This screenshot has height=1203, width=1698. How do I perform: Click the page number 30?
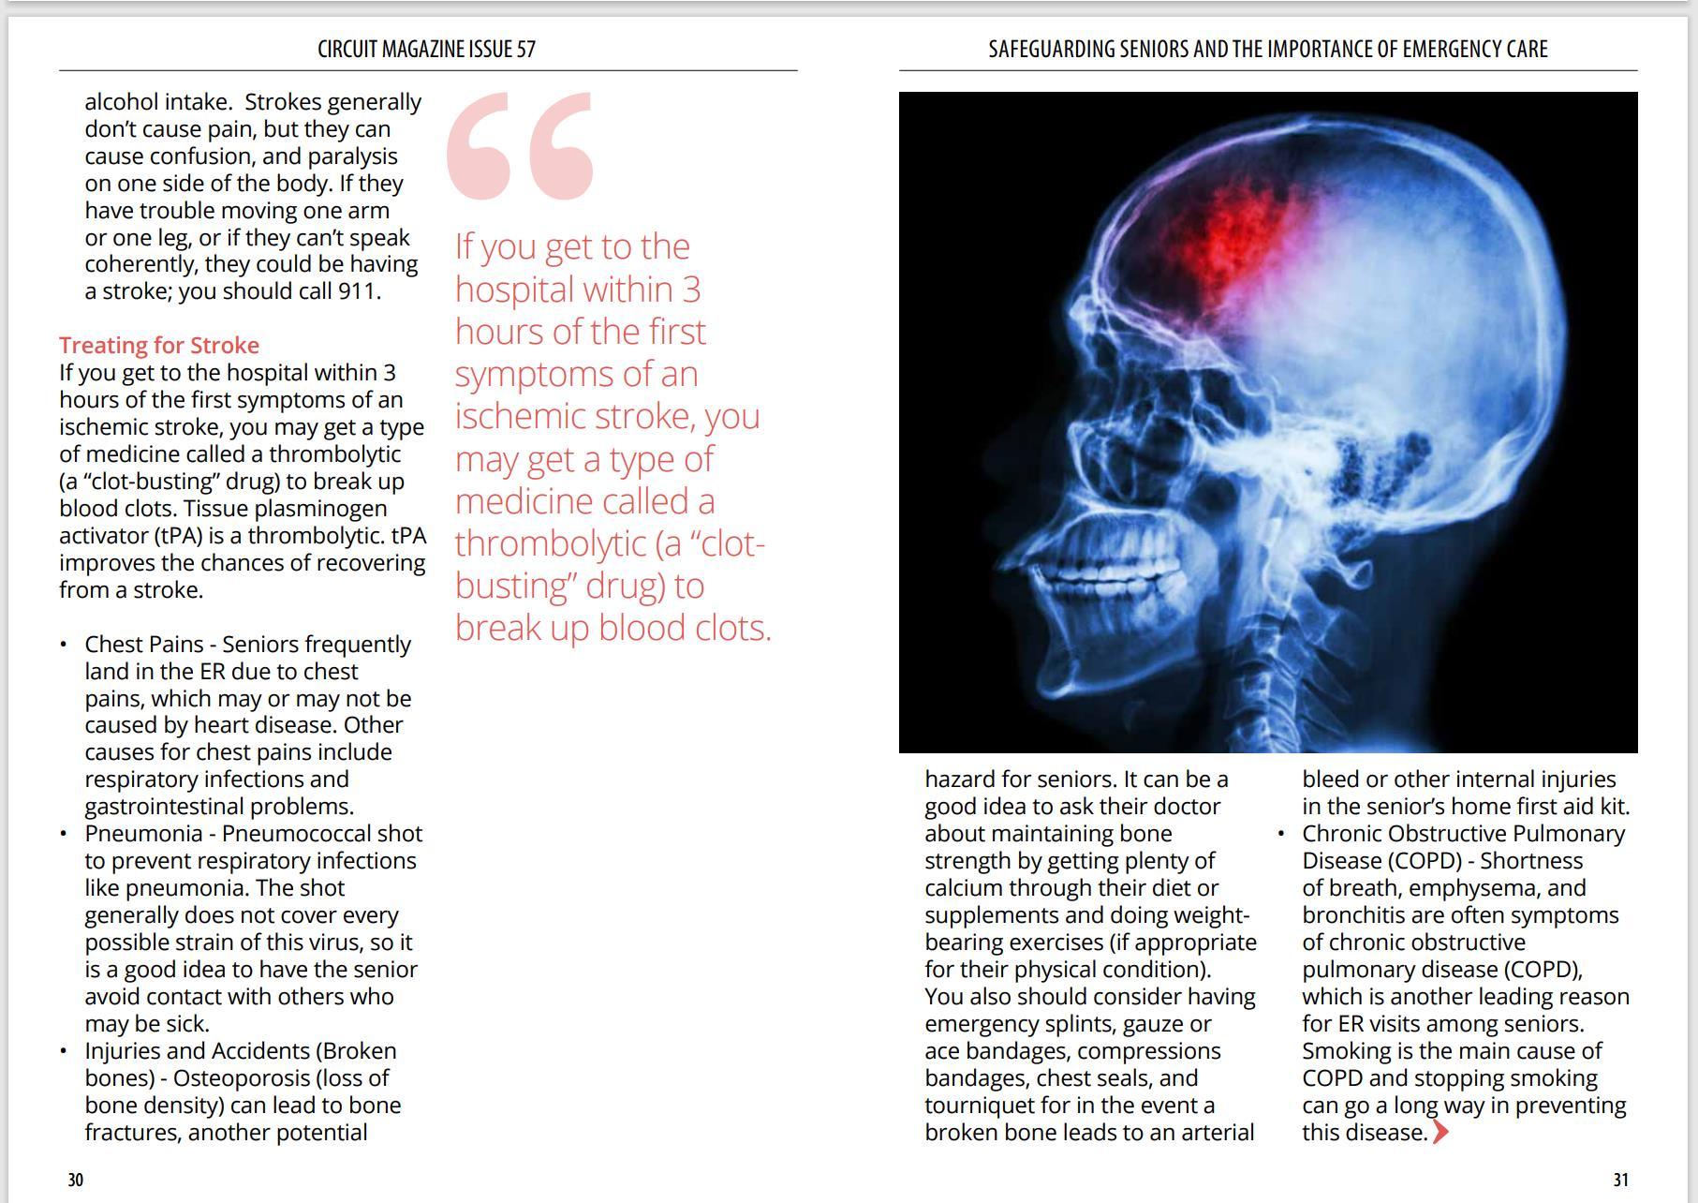[x=76, y=1180]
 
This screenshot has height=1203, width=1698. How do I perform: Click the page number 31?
[x=1620, y=1180]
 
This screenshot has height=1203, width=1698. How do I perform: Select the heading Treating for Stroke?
[x=159, y=345]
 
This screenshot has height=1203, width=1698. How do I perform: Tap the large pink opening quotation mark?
[x=520, y=145]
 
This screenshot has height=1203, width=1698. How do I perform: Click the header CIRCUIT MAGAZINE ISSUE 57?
[x=426, y=49]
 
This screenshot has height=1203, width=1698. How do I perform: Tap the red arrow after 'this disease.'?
[x=1440, y=1133]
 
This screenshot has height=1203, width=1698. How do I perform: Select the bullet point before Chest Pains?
[x=63, y=645]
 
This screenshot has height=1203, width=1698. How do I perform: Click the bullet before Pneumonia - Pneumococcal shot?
[x=63, y=834]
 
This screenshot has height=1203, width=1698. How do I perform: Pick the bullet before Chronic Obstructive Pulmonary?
[x=1280, y=834]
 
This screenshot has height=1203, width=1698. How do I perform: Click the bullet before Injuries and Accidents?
[x=63, y=1051]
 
